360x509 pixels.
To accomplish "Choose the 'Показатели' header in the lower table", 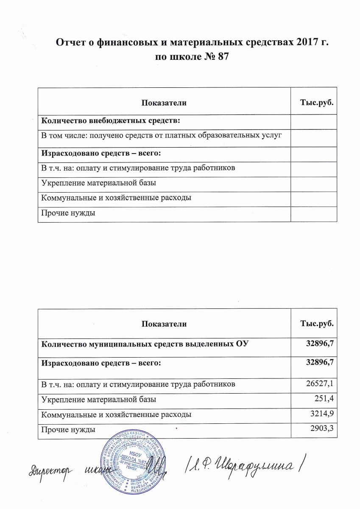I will pyautogui.click(x=164, y=324).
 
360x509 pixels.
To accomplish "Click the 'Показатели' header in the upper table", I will pyautogui.click(x=164, y=103).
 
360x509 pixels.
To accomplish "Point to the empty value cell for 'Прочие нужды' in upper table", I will pyautogui.click(x=314, y=213).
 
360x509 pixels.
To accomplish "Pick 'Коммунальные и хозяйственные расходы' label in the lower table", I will pyautogui.click(x=115, y=414).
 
